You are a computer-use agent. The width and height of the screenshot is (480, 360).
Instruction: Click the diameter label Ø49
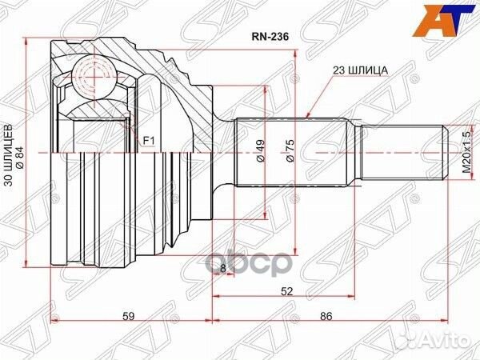[x=260, y=151]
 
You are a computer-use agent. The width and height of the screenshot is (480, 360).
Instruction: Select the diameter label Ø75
[x=291, y=151]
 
